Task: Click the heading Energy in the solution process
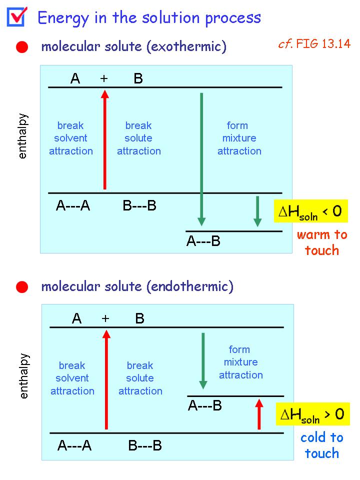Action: [x=149, y=18]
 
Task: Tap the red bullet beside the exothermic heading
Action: [x=21, y=47]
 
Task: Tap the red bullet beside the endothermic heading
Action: [x=21, y=287]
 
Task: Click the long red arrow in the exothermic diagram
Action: [x=104, y=140]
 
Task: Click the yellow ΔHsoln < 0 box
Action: [x=310, y=211]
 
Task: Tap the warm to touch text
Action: [x=321, y=242]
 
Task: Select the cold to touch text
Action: [x=321, y=445]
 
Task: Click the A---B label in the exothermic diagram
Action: [x=203, y=241]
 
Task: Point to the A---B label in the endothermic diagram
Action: [x=205, y=405]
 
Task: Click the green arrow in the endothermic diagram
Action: [x=203, y=360]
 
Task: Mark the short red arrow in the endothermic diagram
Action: [x=259, y=414]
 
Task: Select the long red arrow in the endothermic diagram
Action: [x=106, y=379]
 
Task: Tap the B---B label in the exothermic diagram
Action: [x=139, y=205]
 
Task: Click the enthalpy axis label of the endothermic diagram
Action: [x=23, y=376]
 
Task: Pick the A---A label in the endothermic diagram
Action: [x=74, y=445]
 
